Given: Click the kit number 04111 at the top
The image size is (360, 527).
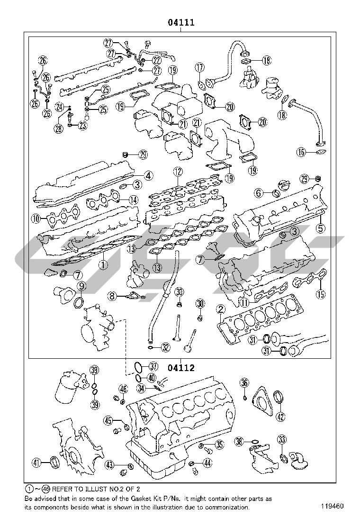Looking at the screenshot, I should [180, 22].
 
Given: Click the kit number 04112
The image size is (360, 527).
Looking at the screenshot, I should [181, 367].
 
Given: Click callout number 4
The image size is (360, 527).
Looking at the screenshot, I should [148, 175].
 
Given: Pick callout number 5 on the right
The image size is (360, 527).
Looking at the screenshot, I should [321, 228].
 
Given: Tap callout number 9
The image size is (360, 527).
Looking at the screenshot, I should [81, 286].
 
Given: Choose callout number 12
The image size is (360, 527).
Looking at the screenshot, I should [177, 172].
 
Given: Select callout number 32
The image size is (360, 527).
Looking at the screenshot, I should [165, 347].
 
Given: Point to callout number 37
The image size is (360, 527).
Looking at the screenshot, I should [153, 366].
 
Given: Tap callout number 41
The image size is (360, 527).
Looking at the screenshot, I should [36, 463].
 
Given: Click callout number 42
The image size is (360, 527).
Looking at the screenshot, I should [281, 417].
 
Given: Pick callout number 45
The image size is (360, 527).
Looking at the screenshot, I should [108, 420].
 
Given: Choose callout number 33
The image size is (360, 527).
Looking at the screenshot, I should [282, 439].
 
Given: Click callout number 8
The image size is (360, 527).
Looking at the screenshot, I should [112, 296].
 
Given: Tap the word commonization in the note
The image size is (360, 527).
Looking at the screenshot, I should [226, 507].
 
